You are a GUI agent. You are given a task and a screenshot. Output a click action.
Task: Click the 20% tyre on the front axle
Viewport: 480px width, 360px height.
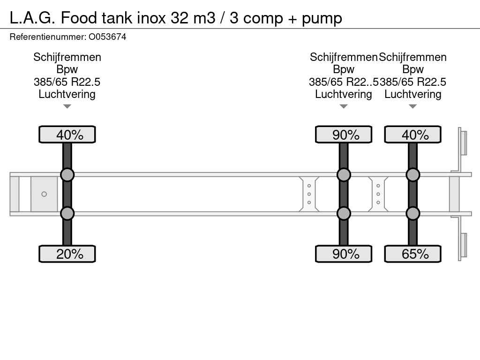(67, 254)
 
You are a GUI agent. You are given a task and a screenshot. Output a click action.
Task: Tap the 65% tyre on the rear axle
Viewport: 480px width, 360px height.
(412, 254)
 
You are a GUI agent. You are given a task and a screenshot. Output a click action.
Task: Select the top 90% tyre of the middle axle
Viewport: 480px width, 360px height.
(344, 135)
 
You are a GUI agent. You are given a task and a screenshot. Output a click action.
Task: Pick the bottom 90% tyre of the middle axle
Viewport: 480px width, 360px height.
(344, 254)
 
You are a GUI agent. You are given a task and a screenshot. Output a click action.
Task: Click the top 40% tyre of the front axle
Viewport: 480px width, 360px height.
(67, 135)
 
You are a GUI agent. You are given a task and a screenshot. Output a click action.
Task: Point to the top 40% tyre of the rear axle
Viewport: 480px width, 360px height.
(412, 135)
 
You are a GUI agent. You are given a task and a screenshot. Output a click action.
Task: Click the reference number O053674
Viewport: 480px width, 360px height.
(107, 37)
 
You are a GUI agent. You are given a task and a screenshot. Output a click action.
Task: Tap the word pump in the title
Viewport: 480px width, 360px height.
(322, 19)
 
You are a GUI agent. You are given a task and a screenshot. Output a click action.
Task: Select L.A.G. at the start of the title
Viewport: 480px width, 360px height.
(32, 18)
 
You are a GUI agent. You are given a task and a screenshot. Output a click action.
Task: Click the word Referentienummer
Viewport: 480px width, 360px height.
(48, 37)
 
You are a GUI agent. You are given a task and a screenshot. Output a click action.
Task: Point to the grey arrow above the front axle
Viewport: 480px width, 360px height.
(67, 106)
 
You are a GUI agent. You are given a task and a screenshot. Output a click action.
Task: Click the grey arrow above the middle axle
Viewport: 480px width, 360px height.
(344, 106)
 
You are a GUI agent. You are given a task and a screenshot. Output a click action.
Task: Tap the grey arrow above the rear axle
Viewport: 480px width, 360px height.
(412, 106)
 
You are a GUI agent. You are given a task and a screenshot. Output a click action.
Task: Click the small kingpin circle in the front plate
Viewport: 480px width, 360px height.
(44, 194)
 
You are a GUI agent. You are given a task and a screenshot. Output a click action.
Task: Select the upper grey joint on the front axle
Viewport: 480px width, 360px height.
(67, 175)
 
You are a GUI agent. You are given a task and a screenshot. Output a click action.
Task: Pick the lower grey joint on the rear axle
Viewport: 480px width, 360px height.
(412, 213)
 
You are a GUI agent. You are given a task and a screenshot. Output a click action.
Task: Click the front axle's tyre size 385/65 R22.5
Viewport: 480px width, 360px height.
(67, 82)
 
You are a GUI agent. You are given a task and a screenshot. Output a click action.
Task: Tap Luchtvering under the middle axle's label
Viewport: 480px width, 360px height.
(344, 94)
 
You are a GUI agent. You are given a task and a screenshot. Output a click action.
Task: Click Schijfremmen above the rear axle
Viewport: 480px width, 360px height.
(412, 57)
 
